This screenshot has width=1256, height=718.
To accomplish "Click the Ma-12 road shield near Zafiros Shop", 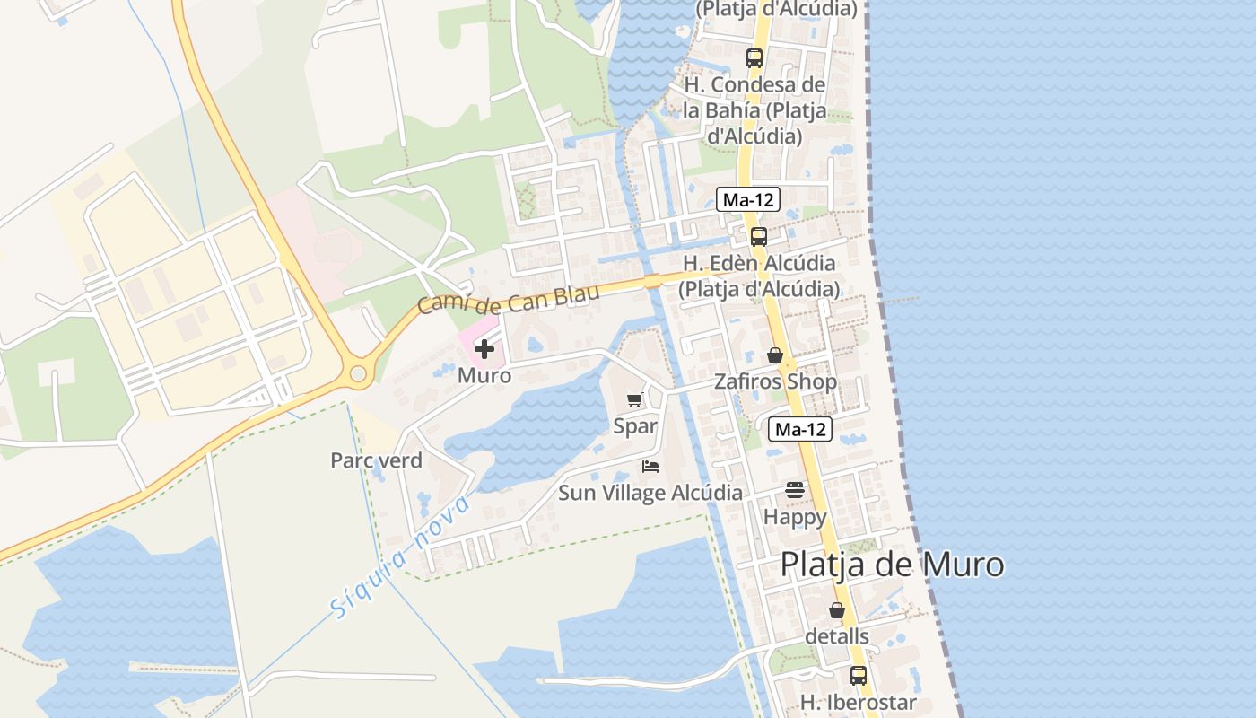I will pos(800,429).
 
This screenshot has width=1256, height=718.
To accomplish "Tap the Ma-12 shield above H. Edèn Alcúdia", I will pos(748,199).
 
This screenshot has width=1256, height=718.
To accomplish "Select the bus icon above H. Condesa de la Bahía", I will pos(754,58).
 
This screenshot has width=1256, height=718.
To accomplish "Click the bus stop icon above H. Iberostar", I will pos(859,675).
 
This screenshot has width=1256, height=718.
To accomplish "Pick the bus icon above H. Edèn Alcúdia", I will pos(759,237).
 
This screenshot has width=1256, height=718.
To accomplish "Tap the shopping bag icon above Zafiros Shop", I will pos(775,355).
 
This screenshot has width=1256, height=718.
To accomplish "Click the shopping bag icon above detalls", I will pos(837,610).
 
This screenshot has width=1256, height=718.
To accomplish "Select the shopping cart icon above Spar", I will pos(635,400).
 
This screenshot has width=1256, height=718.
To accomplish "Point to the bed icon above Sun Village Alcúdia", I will pos(650,467).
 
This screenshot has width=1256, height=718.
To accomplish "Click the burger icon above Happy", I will pos(795,490).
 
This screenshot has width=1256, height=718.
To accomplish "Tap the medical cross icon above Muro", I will pos(484,349).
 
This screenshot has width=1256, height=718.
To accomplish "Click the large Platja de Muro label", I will pos(892,565).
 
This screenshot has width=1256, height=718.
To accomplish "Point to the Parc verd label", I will pos(376,460).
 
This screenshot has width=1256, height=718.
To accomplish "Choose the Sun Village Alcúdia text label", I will pos(650,493).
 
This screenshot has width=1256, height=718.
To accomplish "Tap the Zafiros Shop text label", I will pos(775,381).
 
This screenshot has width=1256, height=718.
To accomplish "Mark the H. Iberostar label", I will pos(859,702).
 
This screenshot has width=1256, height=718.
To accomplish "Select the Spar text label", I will pos(635,426).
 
